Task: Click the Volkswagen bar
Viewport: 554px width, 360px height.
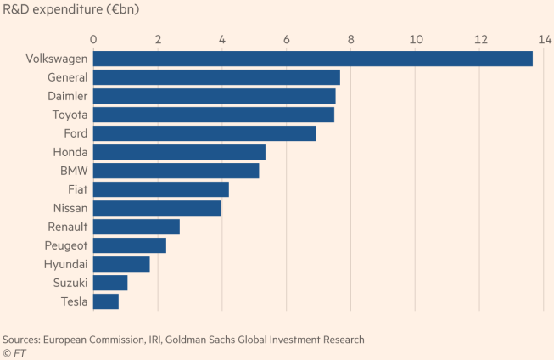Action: [x=312, y=59]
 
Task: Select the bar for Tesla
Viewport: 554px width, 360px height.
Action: [x=106, y=301]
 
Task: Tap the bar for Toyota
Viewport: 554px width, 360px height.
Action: [x=213, y=115]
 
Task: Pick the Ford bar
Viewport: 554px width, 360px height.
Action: [x=204, y=133]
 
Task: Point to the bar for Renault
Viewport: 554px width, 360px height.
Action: [x=136, y=227]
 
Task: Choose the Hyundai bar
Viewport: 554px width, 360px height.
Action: [x=121, y=264]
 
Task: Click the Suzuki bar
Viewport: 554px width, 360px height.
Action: [x=110, y=283]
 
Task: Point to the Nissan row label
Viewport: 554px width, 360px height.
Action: [x=66, y=208]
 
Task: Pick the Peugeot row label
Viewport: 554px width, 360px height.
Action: [x=63, y=245]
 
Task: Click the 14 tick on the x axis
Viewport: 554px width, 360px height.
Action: [x=545, y=39]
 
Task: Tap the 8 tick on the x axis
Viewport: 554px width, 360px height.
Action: [x=351, y=39]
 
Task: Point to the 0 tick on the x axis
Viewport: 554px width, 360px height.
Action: [x=93, y=39]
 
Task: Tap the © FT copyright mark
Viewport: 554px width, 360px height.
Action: [x=14, y=352]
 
